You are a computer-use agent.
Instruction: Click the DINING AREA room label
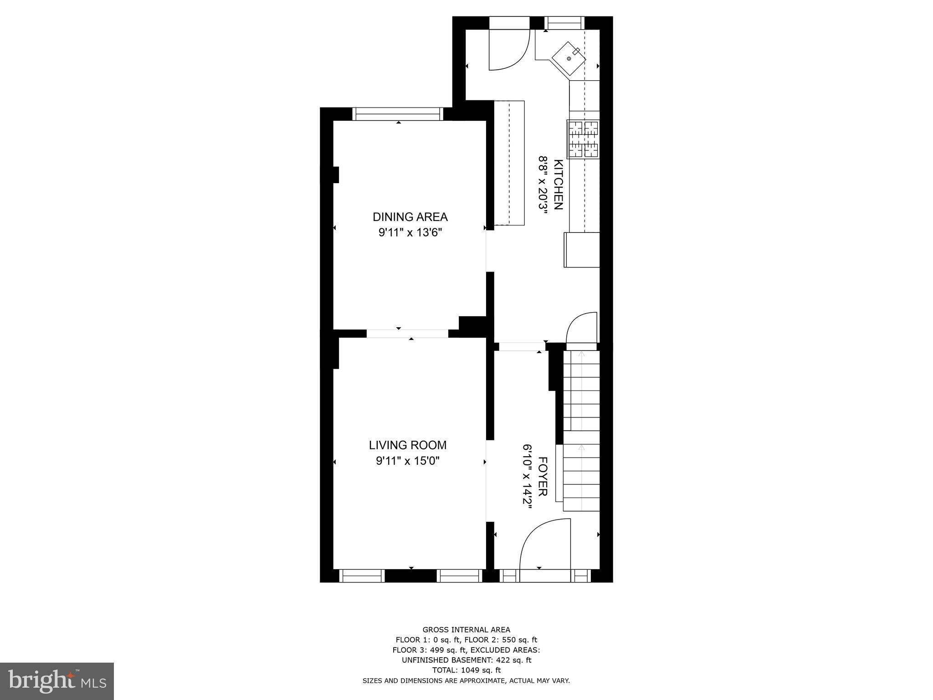tap(410, 216)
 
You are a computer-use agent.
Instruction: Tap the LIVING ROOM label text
tap(407, 445)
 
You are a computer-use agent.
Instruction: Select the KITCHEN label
tap(558, 184)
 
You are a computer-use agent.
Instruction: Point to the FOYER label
tap(543, 476)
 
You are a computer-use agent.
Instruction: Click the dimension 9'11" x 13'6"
tap(410, 233)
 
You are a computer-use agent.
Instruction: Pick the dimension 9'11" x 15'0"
tap(407, 461)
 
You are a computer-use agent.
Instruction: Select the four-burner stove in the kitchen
tap(584, 139)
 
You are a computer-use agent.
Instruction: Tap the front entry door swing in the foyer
tap(545, 544)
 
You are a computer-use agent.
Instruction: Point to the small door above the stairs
tap(582, 328)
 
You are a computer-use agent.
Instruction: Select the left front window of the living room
tap(362, 576)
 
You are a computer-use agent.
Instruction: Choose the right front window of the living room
tap(459, 576)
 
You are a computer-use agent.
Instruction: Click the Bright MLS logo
tap(57, 681)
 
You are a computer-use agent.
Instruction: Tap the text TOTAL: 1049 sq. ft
tap(466, 670)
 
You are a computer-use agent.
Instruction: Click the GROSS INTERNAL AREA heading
tap(466, 630)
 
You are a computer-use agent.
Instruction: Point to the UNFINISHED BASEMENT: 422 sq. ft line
tap(466, 660)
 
